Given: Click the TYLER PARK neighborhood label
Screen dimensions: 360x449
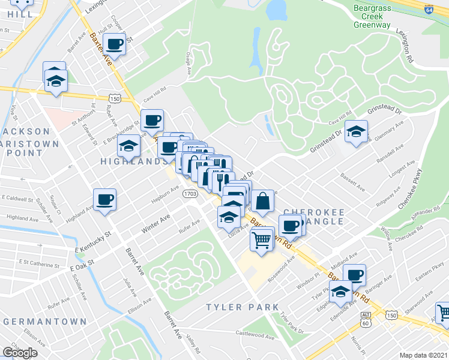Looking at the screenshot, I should (x=243, y=307).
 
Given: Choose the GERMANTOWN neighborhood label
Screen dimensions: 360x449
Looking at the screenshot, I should (x=45, y=322).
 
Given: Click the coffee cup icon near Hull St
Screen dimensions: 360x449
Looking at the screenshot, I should (x=115, y=43).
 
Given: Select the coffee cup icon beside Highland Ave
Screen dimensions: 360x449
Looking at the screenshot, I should (x=104, y=199).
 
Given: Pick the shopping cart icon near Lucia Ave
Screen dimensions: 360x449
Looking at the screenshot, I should (x=262, y=239).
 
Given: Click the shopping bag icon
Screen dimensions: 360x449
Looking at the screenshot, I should (x=263, y=200).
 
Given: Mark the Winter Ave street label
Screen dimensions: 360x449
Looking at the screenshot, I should (x=155, y=223).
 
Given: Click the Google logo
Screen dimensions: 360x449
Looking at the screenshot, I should (x=20, y=353).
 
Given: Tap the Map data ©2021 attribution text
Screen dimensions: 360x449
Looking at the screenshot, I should (x=424, y=355).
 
